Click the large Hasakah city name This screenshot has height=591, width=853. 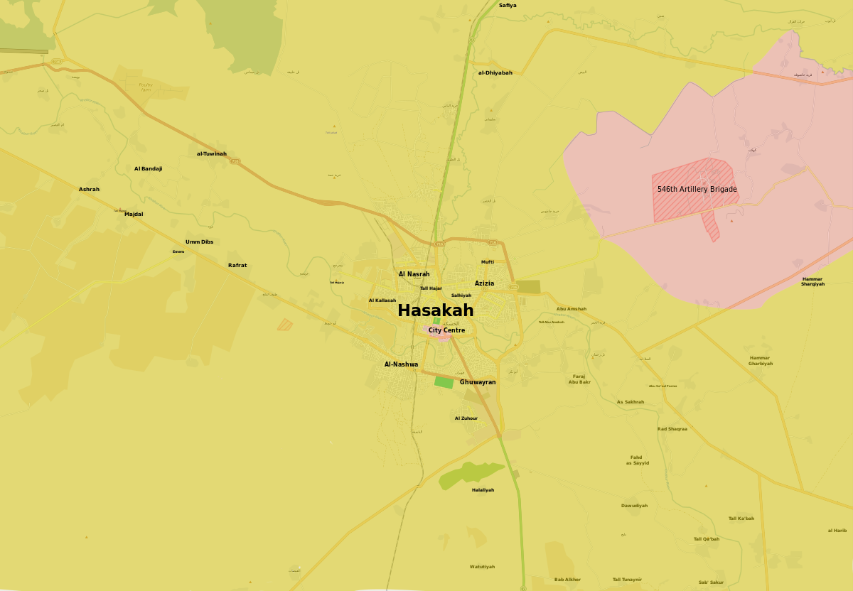(435, 310)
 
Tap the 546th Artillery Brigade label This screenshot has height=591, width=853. (697, 189)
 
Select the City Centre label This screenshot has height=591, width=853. (446, 330)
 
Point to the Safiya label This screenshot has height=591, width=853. (508, 6)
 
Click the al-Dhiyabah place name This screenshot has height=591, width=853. (495, 72)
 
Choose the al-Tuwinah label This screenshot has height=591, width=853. (212, 153)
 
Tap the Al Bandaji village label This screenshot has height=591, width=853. (148, 168)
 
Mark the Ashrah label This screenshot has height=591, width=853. (89, 189)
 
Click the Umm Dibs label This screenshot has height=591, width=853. (199, 242)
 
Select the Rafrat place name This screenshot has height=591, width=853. (237, 265)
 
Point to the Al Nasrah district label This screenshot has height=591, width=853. (414, 273)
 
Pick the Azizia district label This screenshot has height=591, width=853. (484, 283)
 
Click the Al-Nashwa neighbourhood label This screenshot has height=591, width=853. (401, 364)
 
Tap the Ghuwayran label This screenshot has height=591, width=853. (478, 382)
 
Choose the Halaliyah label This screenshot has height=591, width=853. (483, 489)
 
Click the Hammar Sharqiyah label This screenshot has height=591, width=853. (812, 281)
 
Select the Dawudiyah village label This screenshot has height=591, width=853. (634, 505)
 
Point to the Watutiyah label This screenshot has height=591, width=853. (482, 566)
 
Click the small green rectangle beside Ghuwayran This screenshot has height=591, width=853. (444, 382)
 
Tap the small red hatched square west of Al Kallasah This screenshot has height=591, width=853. (284, 325)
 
